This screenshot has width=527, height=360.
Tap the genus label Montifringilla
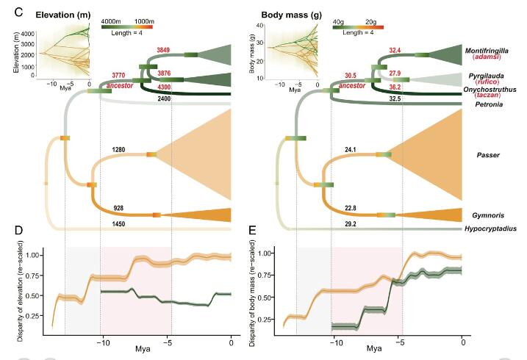(x=488, y=50)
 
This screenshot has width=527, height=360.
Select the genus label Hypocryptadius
(x=491, y=228)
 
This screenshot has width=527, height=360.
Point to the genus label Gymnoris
(x=488, y=214)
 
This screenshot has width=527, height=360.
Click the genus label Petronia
(x=483, y=104)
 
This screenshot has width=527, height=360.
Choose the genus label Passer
(x=488, y=155)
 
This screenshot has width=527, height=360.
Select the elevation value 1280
(x=118, y=149)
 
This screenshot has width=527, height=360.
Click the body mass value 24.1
(x=352, y=149)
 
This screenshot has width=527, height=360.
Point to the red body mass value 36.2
(x=395, y=87)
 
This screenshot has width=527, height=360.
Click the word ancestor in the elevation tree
(x=119, y=85)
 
